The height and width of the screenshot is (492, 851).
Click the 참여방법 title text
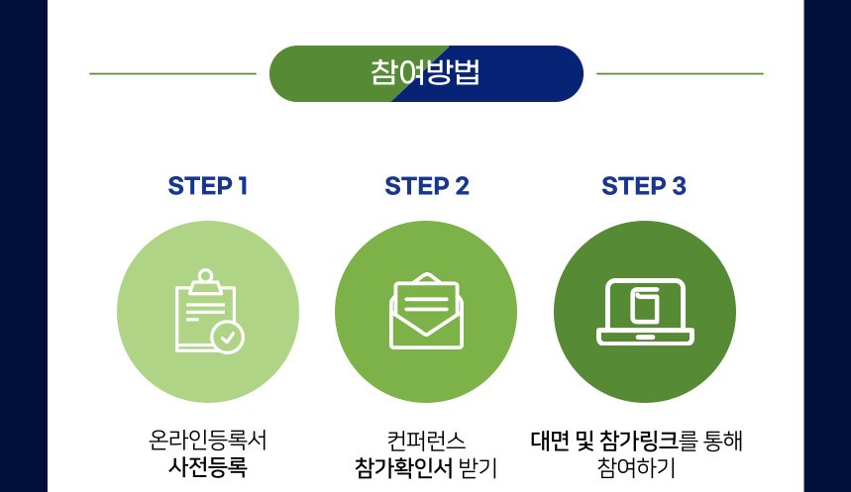(426, 72)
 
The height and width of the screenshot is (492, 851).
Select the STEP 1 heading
(208, 186)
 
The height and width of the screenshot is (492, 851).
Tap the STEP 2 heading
(427, 186)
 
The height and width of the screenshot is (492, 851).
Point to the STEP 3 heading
(644, 186)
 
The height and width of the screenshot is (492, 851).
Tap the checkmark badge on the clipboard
(228, 338)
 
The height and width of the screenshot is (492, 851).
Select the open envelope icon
(427, 311)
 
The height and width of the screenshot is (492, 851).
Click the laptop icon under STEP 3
(645, 312)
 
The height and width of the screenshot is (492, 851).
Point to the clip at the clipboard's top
(205, 281)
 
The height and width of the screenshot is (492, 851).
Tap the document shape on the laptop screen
(645, 306)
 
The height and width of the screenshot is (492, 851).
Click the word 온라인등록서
(208, 440)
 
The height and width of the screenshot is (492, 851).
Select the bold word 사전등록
(208, 467)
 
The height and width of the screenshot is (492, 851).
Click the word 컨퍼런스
(427, 441)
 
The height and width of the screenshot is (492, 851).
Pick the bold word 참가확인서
(403, 468)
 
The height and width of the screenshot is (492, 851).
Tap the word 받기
(478, 468)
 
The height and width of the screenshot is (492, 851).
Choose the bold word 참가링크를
(649, 441)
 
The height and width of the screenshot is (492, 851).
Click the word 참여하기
(636, 467)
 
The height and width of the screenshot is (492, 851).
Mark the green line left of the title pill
(172, 73)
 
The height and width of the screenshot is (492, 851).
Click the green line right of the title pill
(680, 73)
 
